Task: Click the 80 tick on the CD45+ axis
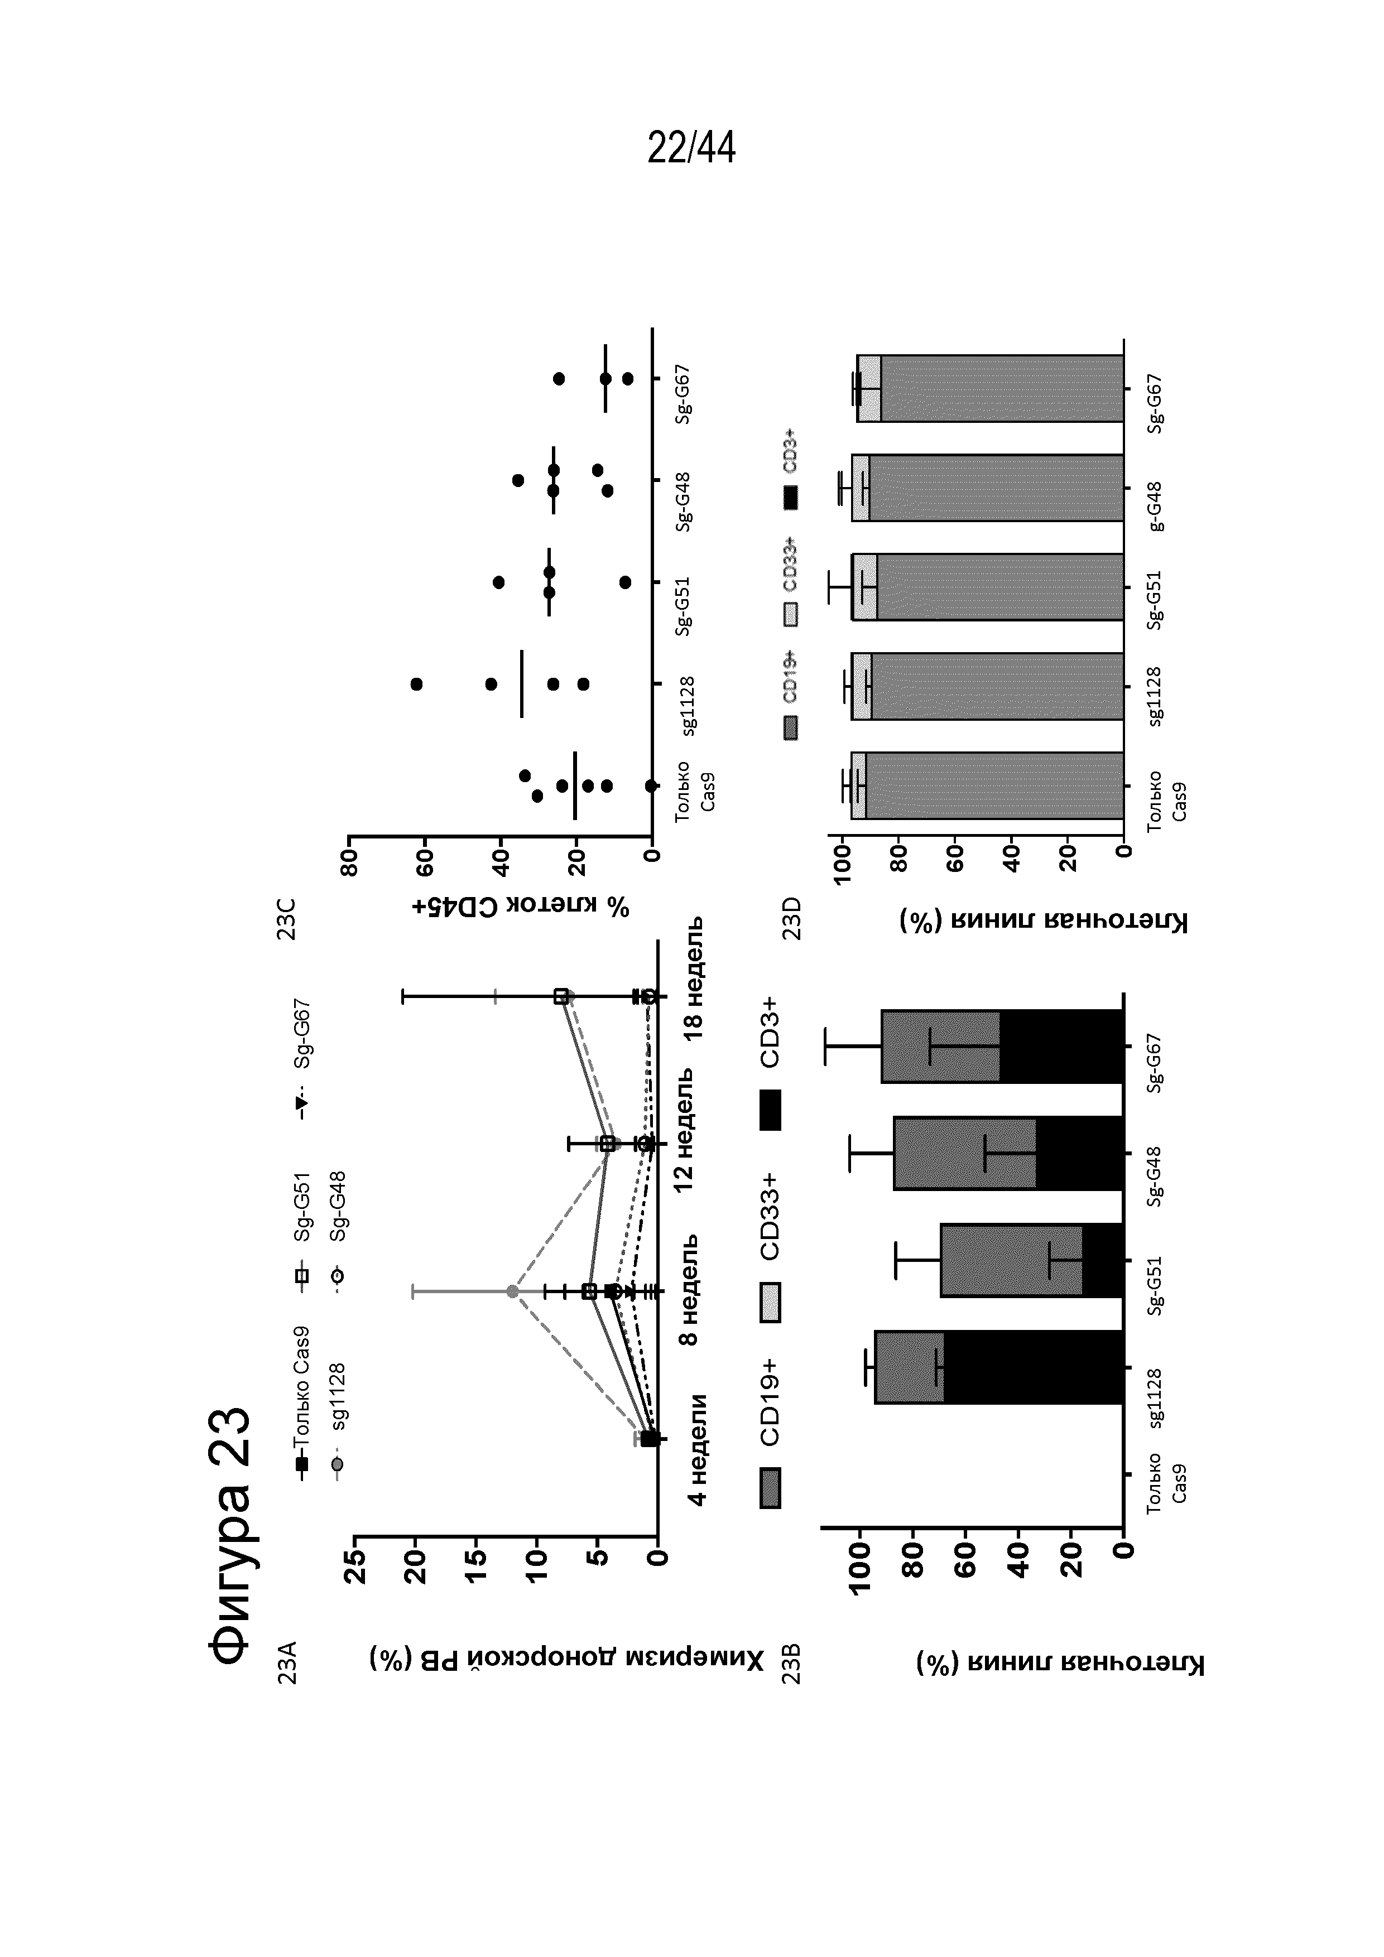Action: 349,864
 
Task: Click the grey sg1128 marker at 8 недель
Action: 512,1291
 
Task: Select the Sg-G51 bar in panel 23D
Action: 989,587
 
